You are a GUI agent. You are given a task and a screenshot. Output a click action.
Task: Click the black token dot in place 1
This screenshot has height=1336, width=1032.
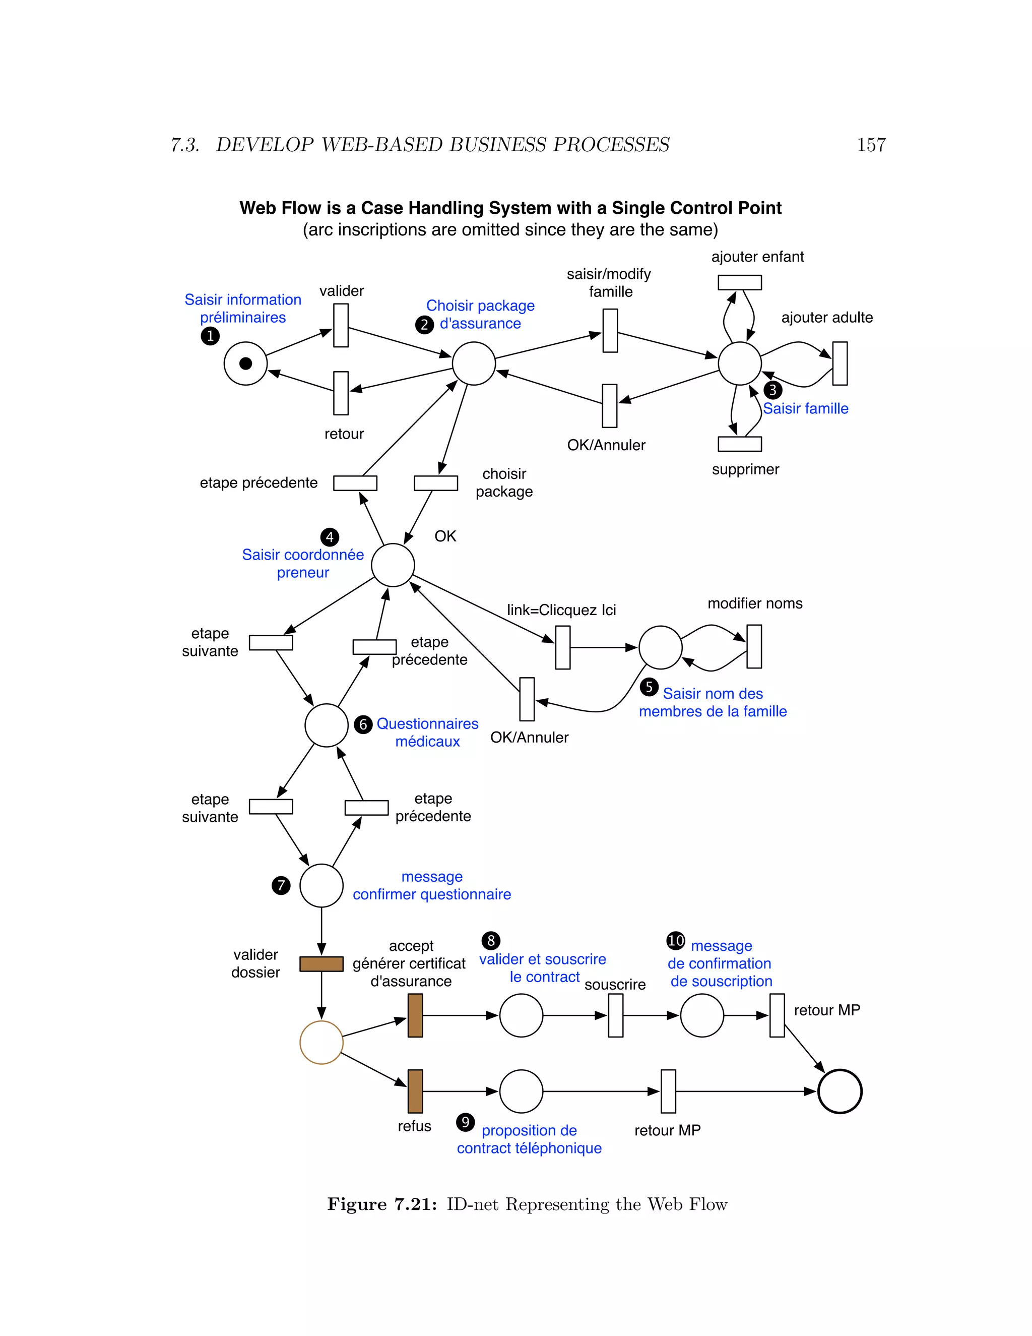tap(246, 363)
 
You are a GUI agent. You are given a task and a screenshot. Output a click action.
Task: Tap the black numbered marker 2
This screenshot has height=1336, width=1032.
tap(424, 324)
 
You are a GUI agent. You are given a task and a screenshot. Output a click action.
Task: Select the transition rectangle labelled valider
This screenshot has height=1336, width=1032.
tap(341, 326)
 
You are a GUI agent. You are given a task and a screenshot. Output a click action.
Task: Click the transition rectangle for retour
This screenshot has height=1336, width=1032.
tap(341, 393)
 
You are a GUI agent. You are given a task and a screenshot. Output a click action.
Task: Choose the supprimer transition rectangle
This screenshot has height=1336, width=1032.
tap(739, 444)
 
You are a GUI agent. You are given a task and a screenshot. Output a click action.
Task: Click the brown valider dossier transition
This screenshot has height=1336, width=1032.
tap(321, 964)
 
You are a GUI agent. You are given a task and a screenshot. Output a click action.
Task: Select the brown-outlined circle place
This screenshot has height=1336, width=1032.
tap(321, 1043)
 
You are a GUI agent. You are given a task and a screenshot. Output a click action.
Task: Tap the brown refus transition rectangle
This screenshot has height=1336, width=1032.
tap(415, 1091)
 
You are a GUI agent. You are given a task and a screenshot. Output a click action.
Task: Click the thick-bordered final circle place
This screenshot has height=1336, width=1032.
tap(840, 1091)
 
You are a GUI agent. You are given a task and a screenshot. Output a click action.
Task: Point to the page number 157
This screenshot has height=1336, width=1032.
tap(871, 145)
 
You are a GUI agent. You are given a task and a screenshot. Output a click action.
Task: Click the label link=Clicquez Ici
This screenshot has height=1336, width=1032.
tap(561, 610)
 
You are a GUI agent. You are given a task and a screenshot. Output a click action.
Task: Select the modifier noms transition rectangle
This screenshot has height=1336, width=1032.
tap(754, 647)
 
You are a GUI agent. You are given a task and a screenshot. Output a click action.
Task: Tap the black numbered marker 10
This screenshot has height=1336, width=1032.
tap(676, 940)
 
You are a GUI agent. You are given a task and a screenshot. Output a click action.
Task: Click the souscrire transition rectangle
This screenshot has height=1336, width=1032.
tap(616, 1015)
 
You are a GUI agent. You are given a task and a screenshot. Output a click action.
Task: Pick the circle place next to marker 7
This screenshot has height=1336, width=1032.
tap(321, 886)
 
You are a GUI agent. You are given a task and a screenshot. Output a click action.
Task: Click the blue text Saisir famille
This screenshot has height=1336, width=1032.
tap(805, 409)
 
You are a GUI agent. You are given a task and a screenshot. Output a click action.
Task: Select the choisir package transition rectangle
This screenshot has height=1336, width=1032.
tap(436, 483)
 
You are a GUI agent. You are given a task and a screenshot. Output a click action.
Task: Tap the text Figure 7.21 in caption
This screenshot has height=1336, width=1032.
tap(382, 1204)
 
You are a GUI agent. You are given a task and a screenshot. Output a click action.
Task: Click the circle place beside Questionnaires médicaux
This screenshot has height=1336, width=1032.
tap(327, 725)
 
